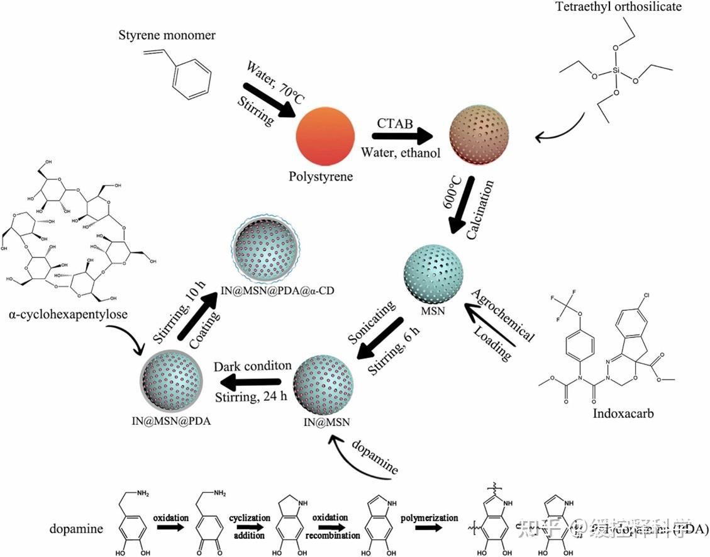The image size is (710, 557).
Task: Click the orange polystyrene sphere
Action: tap(325, 136)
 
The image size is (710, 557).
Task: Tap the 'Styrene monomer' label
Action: tap(167, 35)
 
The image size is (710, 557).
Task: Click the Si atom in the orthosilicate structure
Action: tap(616, 72)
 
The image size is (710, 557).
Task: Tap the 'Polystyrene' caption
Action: tap(321, 176)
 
